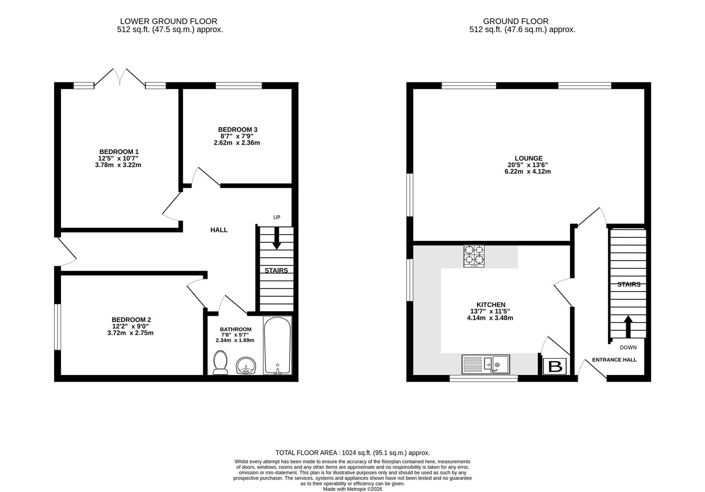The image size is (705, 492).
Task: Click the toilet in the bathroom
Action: coord(221,363)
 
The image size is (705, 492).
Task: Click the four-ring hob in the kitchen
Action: coord(474,256)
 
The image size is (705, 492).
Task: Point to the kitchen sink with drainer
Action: coord(485,364)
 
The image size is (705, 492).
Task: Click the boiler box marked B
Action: coord(555,366)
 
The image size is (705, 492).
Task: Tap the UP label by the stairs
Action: coord(277,217)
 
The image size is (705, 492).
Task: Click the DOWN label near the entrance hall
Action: coord(628,348)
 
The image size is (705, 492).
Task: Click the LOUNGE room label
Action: coord(529,158)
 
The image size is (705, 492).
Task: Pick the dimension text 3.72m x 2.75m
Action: coord(127,333)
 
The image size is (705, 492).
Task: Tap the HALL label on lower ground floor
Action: coord(219,230)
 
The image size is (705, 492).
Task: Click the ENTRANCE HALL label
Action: coord(614,360)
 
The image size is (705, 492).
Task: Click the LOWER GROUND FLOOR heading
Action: coord(169,21)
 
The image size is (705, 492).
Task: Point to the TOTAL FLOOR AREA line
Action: coord(352,453)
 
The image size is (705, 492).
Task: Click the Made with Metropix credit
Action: coord(352,489)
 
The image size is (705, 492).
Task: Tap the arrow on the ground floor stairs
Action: coord(628,325)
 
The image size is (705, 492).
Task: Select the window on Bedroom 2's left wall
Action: coord(57,327)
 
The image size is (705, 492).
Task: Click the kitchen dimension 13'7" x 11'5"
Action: coord(490,311)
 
